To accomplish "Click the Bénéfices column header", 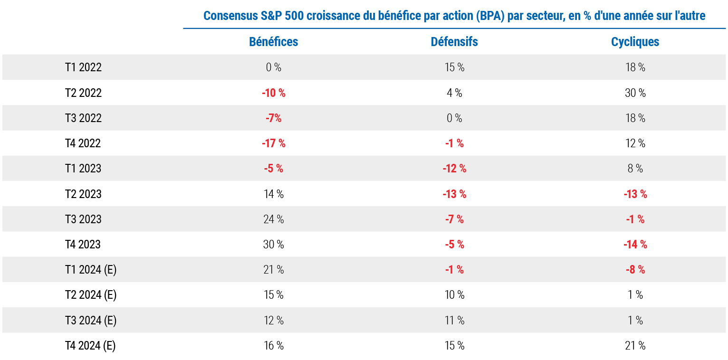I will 273,42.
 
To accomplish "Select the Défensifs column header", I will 454,42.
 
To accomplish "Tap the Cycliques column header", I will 635,42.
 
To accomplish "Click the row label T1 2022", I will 83,67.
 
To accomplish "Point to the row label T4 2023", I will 83,245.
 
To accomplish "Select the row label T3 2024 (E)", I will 90,321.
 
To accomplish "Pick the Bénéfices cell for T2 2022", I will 274,93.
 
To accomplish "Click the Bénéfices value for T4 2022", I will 274,143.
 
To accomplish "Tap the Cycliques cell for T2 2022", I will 635,93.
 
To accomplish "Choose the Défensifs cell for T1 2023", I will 454,169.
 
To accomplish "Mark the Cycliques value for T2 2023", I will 635,194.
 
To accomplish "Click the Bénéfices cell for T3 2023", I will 274,219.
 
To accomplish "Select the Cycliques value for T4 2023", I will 635,245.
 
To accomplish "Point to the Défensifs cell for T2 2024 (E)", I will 454,295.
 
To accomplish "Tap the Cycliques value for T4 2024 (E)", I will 635,346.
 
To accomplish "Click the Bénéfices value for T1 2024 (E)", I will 274,270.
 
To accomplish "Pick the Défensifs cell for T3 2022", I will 454,118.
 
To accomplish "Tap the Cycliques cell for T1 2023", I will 635,169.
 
